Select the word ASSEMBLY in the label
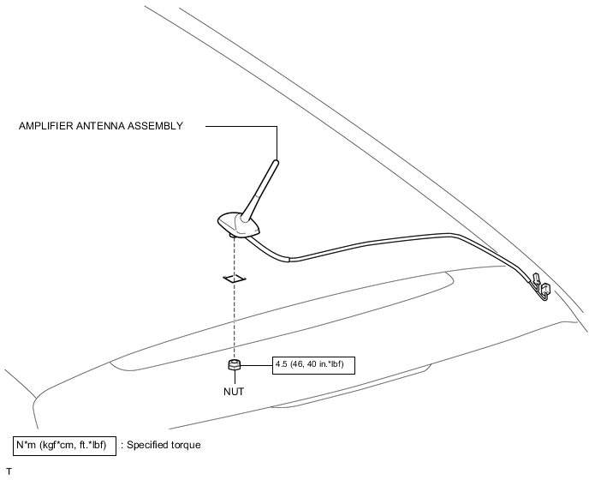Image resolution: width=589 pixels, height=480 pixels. coord(156,126)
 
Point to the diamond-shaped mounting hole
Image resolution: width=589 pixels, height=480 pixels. coord(232,278)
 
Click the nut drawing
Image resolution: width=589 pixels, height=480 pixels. coord(233,366)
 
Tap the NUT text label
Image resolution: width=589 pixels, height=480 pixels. coord(233,391)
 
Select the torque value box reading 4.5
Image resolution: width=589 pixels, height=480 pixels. coord(312,364)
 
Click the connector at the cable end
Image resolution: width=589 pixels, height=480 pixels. coord(540,289)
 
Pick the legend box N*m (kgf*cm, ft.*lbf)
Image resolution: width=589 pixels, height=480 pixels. coord(63,445)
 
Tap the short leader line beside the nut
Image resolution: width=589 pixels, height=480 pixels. coord(257,364)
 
